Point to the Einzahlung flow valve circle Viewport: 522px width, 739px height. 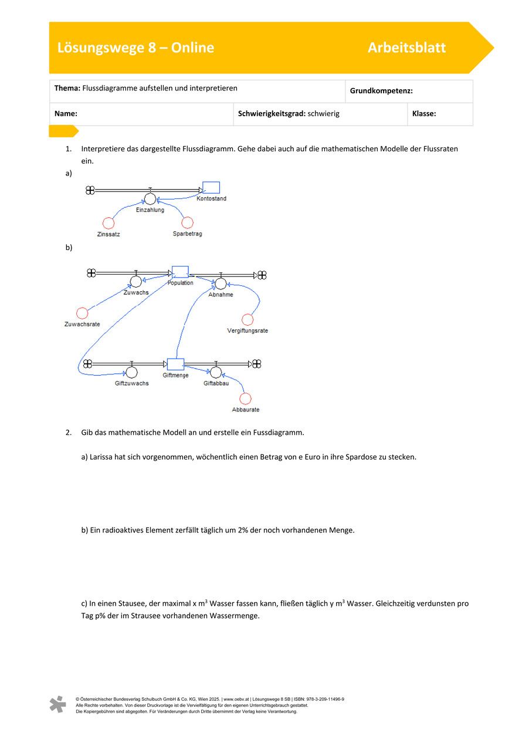coord(150,199)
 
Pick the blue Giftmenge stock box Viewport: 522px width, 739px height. coord(176,365)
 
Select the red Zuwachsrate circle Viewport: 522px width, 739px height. coord(82,313)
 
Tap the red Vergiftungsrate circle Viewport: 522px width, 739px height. coord(248,319)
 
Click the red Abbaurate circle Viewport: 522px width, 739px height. coord(245,399)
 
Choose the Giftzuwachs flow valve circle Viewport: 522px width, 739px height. coord(131,373)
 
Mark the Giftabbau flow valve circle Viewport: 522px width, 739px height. coord(216,373)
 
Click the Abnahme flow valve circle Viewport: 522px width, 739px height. coord(221,284)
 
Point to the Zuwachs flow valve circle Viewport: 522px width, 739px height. coord(136,281)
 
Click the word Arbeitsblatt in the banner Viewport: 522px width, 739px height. coord(406,48)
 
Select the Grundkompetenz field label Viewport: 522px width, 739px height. coord(381,91)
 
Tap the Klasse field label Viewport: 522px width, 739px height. coord(424,113)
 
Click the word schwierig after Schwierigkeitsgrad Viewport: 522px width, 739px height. coord(324,113)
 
